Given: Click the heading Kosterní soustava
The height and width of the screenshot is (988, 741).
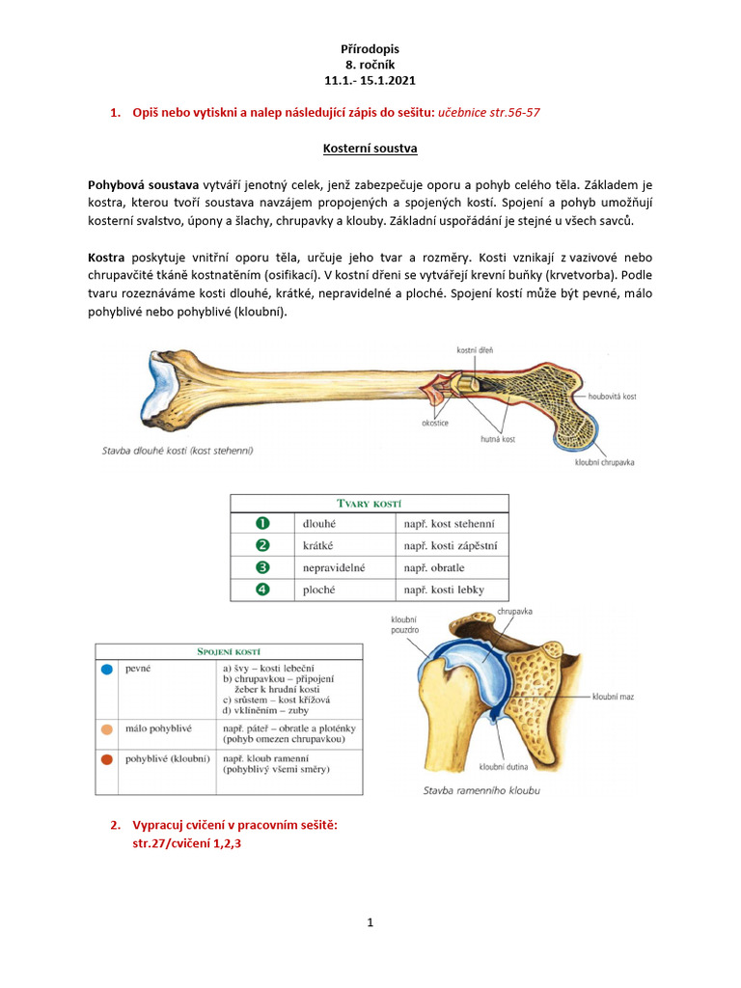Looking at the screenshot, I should (x=370, y=151).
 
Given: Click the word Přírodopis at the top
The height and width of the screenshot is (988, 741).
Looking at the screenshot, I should (x=370, y=47).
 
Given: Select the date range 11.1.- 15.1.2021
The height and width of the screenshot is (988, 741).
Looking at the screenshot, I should (x=370, y=82).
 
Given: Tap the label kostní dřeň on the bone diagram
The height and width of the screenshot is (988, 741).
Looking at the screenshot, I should (x=476, y=350).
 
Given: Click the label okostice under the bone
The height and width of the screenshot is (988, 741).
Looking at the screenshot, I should (x=435, y=423).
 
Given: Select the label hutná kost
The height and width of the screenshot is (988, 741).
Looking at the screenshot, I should (x=499, y=439).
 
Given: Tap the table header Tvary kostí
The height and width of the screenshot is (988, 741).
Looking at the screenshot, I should (x=370, y=504).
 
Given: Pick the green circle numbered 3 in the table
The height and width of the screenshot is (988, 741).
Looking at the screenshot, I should (x=261, y=568).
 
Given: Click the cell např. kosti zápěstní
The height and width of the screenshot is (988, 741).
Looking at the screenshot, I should (x=451, y=546).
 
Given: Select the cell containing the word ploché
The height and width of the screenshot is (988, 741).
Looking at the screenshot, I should (x=319, y=590).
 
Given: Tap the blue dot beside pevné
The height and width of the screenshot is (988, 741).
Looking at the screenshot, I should (x=107, y=668).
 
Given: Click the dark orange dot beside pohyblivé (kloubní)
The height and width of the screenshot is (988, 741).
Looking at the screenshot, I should (x=107, y=759).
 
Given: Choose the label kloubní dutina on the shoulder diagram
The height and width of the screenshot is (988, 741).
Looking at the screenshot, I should (x=506, y=767).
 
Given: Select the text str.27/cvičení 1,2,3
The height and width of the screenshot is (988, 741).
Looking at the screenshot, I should (x=187, y=843).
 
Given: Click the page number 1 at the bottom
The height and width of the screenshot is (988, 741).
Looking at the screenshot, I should (x=370, y=922).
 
